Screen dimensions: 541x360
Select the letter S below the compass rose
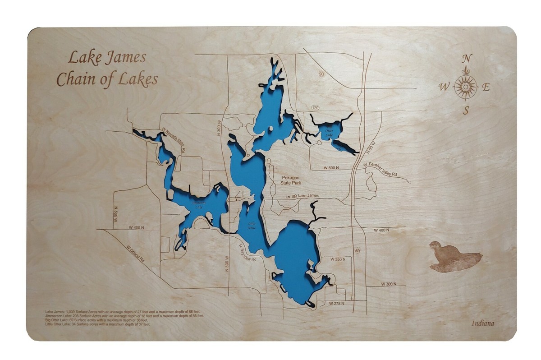pyautogui.click(x=466, y=110)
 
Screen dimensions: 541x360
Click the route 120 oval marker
pyautogui.click(x=315, y=108)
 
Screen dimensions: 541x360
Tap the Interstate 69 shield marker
pyautogui.click(x=358, y=250)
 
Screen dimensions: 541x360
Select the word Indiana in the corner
pyautogui.click(x=483, y=323)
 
